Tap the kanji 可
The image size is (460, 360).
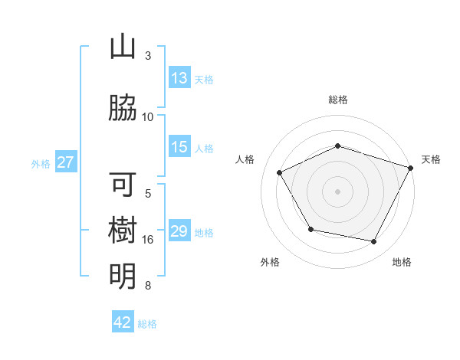123,185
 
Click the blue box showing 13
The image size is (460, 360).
179,78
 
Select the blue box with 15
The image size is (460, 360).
179,147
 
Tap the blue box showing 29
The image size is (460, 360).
179,231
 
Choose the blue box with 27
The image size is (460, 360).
66,162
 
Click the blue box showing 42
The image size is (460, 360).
123,322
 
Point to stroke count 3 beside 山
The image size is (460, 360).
148,56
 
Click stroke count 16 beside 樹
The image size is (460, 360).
148,240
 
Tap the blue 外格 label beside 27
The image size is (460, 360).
41,163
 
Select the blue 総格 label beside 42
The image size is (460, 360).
147,323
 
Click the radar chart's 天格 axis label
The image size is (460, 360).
431,159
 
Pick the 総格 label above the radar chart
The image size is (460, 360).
338,100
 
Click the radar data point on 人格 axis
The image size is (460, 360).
279,173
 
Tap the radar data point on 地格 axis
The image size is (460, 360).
374,242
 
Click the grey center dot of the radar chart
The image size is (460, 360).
338,191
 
